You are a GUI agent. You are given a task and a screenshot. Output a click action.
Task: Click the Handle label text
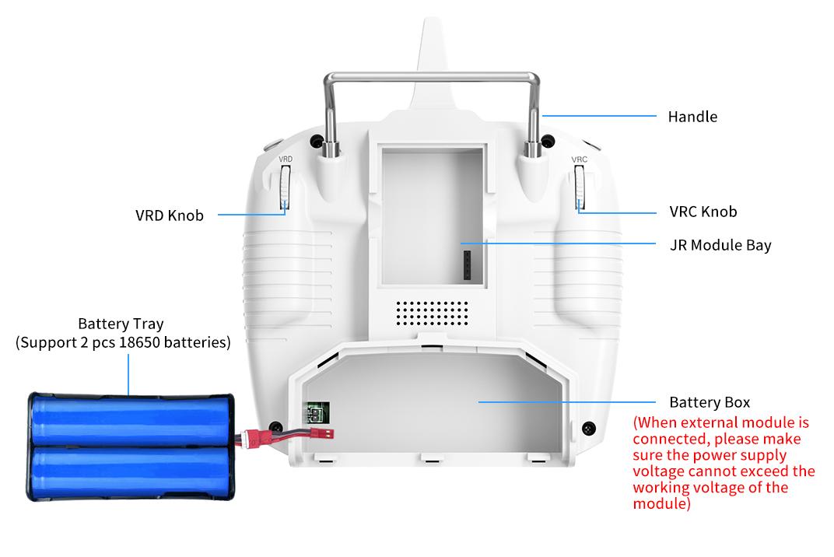coord(692,117)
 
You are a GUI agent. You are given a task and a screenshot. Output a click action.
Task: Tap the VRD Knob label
coord(169,215)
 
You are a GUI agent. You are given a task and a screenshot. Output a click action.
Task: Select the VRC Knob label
coord(703,212)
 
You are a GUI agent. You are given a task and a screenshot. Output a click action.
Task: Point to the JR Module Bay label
coord(720,245)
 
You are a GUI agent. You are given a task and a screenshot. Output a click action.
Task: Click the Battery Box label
coord(710,402)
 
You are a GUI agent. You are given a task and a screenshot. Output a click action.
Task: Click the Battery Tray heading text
coord(121,324)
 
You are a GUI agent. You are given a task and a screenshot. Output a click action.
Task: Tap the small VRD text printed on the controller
coord(286,159)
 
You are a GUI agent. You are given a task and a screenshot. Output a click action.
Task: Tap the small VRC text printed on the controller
coord(579,159)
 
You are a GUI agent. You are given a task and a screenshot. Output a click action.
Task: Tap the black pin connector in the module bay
coord(466,264)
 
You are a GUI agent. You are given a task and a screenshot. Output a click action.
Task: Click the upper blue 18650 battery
coord(131,421)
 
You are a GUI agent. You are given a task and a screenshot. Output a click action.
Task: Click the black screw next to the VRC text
coord(548,142)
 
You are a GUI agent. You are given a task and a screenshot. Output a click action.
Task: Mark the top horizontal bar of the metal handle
coord(432,76)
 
